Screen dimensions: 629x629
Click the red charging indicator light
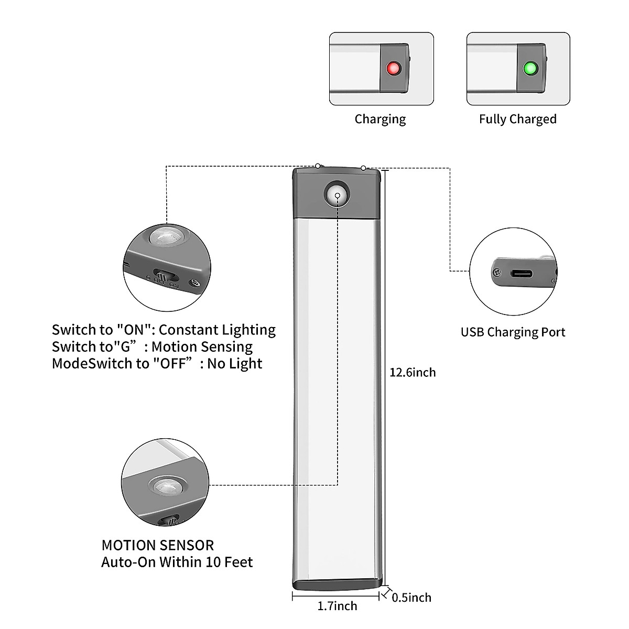click(x=393, y=69)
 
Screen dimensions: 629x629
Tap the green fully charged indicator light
click(x=529, y=69)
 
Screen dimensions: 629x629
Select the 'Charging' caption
click(x=380, y=119)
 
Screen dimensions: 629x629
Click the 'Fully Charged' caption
click(x=517, y=119)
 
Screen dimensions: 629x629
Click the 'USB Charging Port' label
click(x=513, y=332)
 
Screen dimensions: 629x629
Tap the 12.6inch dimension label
click(x=413, y=372)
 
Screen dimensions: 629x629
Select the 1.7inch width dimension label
click(x=337, y=606)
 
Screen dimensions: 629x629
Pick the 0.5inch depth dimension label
click(x=411, y=598)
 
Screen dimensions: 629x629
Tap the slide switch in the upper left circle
click(x=164, y=276)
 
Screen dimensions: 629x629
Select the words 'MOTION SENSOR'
click(x=158, y=545)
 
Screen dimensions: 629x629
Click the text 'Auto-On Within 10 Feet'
click(x=177, y=562)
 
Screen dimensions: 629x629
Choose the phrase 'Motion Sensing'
click(x=202, y=346)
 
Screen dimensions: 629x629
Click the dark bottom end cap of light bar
click(x=335, y=583)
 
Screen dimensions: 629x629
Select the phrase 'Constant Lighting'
click(x=217, y=330)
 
